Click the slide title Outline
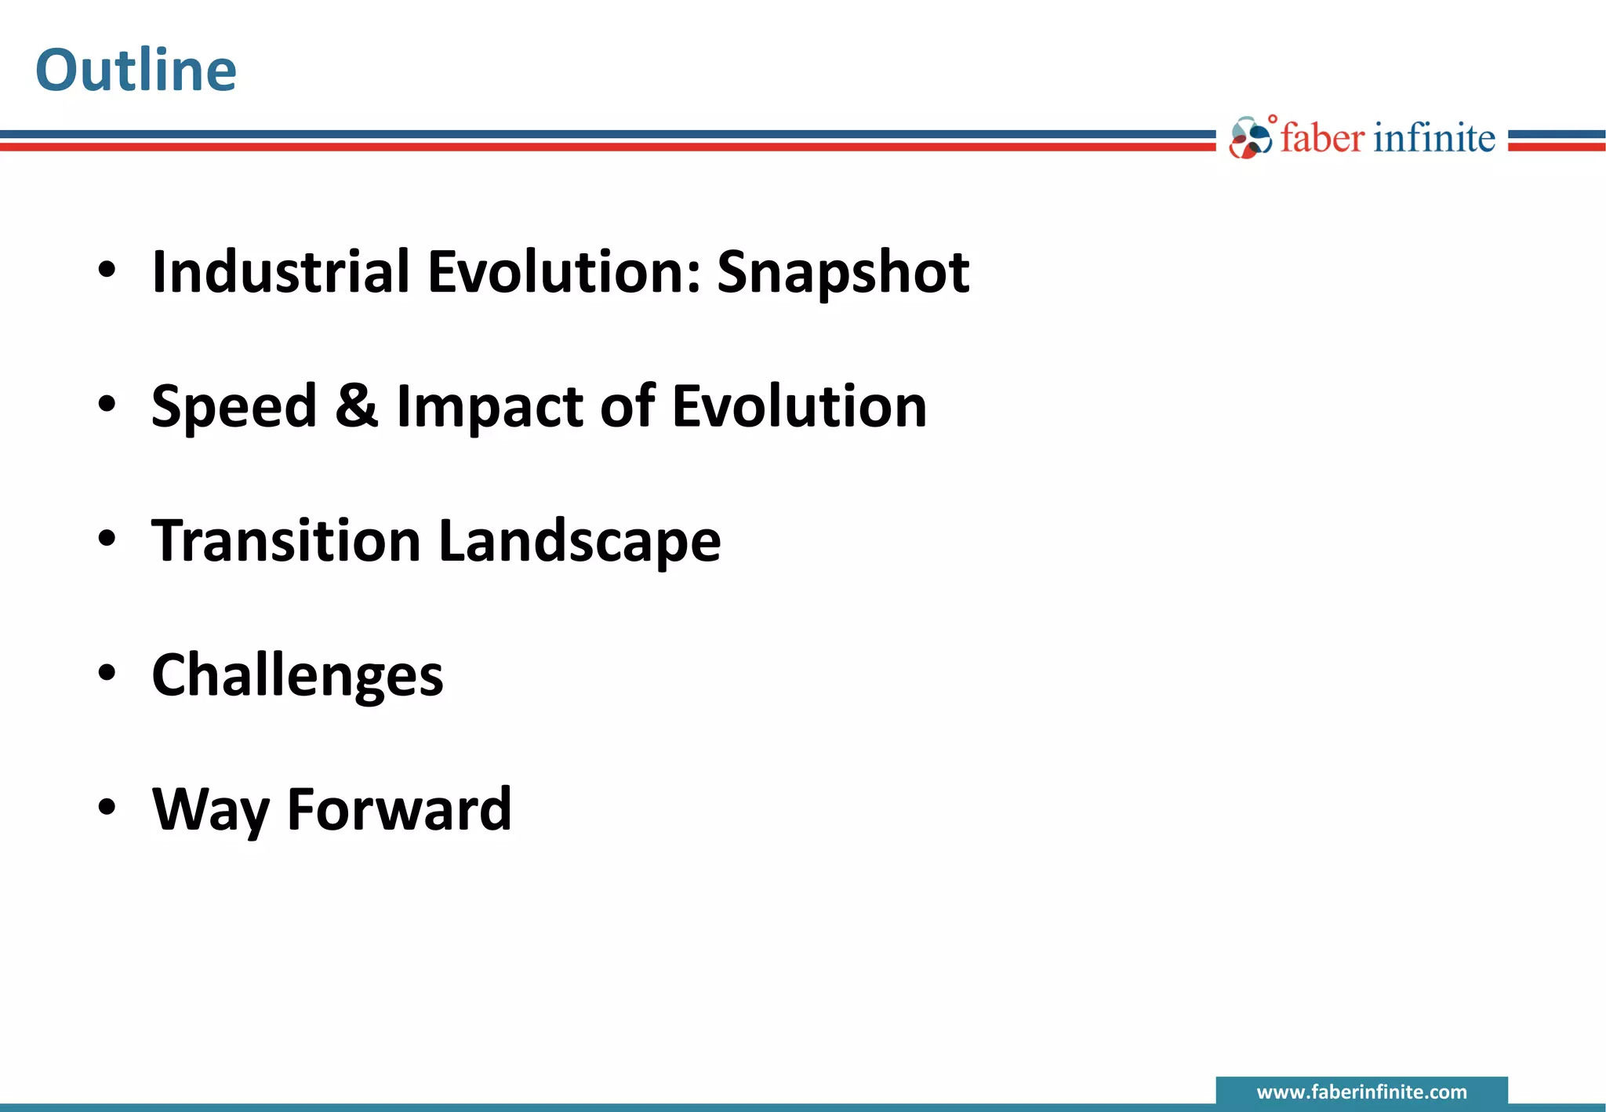tap(136, 71)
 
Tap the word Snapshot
tap(843, 272)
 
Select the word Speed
tap(234, 407)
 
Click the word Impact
tap(489, 407)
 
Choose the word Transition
tap(286, 541)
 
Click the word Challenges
tap(297, 676)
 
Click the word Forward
tap(399, 809)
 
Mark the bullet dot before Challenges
tap(107, 672)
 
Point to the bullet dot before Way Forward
tap(107, 807)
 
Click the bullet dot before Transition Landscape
tap(107, 538)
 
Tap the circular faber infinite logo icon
tap(1250, 139)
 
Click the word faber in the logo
tap(1322, 138)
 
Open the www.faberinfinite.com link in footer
tap(1361, 1092)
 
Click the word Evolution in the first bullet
tap(564, 272)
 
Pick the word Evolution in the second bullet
tap(799, 407)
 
